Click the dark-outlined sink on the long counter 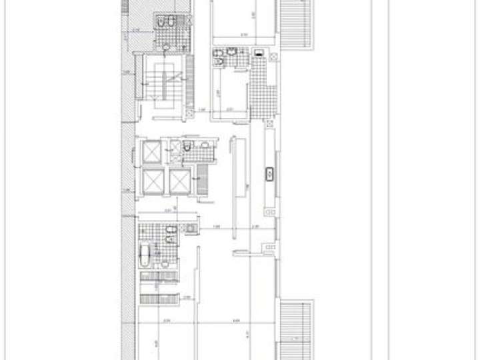point(270,175)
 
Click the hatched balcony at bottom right point(295,330)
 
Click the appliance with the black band point(259,52)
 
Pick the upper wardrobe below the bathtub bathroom point(160,285)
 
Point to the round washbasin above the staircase point(165,47)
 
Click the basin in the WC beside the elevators point(205,144)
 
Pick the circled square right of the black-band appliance point(273,57)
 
